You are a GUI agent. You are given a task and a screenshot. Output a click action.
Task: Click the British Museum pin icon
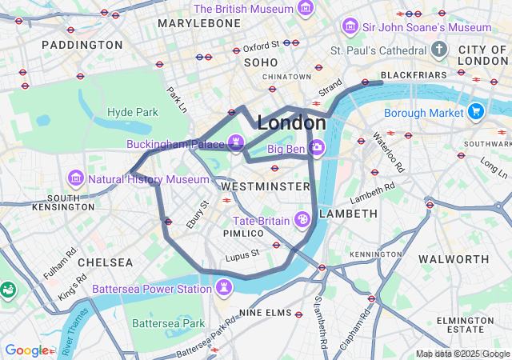pos(305,9)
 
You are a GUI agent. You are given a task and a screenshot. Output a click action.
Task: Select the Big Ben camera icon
pos(318,148)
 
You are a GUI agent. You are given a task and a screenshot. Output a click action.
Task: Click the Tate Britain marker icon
pos(302,218)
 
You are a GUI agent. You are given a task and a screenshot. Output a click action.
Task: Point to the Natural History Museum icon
pos(77,178)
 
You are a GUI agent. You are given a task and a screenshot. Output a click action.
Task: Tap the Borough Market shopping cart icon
pos(476,111)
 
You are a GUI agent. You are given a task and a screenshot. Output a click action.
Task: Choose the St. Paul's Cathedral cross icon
pos(438,50)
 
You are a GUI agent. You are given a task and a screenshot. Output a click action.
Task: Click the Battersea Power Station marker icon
pos(225,286)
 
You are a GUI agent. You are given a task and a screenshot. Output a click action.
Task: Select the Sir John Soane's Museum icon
pos(350,26)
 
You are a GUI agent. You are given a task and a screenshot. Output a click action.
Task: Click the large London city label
pos(292,123)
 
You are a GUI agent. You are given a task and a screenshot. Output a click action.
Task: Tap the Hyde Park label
pos(133,113)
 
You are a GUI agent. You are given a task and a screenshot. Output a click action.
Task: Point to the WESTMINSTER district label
pos(265,186)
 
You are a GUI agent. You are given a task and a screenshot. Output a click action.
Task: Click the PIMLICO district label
pos(243,233)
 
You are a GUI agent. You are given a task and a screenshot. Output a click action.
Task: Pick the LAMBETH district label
pos(348,214)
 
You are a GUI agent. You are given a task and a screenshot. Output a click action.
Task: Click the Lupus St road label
pos(242,254)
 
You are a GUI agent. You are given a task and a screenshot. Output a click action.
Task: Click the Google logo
pos(26,350)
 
